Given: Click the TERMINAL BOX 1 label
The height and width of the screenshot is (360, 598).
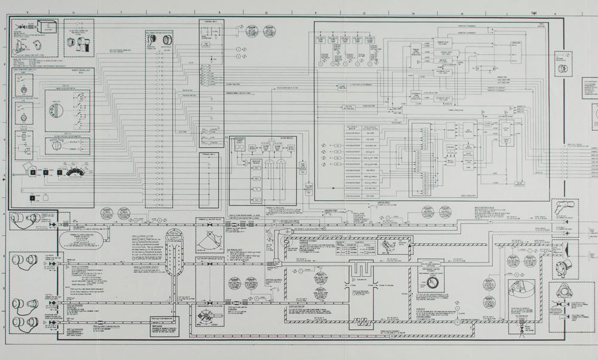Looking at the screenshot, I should [x=213, y=22].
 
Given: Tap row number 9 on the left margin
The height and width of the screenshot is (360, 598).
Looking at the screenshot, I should [x=5, y=27].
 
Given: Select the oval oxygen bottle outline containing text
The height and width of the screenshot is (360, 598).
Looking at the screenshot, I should [x=81, y=240].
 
